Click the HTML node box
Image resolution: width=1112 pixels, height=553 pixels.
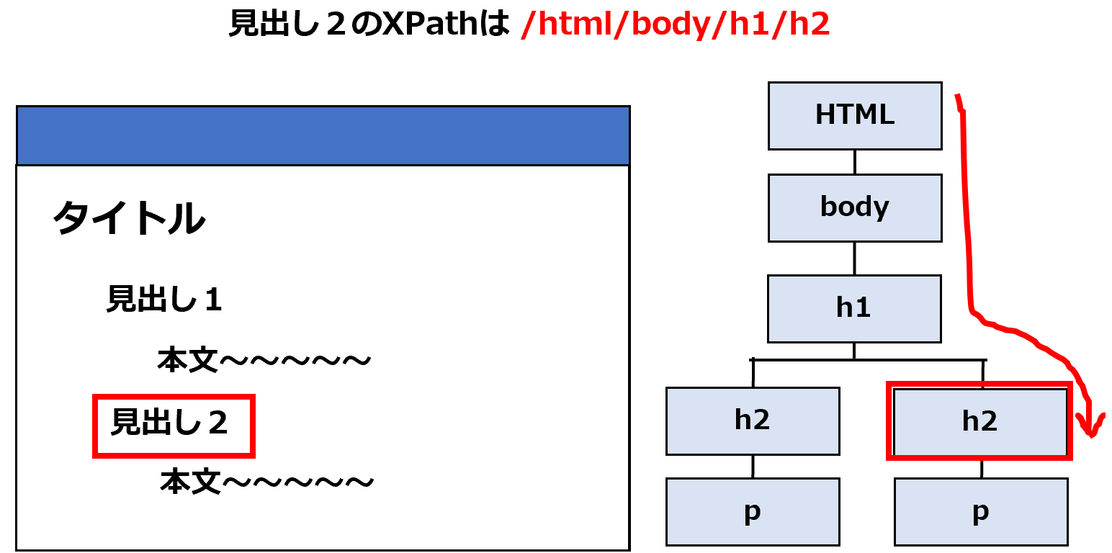click(x=855, y=116)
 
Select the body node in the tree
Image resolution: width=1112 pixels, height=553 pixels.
click(x=855, y=208)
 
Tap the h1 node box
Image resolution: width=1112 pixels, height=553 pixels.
click(x=854, y=309)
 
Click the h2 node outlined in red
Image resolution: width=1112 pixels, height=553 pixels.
click(x=980, y=421)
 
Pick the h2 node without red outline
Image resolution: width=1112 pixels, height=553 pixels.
click(x=753, y=421)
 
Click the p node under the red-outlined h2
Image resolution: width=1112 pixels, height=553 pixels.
click(x=981, y=512)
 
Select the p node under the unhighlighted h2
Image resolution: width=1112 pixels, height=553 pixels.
click(x=753, y=512)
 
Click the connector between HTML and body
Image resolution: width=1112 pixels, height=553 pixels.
click(x=855, y=162)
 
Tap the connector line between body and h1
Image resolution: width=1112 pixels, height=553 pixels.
click(x=854, y=258)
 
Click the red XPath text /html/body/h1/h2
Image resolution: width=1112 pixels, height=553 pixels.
click(x=675, y=24)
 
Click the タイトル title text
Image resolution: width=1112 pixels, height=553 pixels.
click(x=129, y=218)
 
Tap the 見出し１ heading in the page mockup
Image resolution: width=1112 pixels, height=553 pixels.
click(x=164, y=299)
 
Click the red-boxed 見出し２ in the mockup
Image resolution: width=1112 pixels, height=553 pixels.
click(x=169, y=423)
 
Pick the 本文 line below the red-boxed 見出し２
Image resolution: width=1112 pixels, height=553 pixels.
click(x=266, y=482)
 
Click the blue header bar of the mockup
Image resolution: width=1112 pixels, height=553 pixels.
click(x=323, y=135)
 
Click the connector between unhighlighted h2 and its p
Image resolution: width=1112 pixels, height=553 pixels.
click(x=753, y=467)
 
